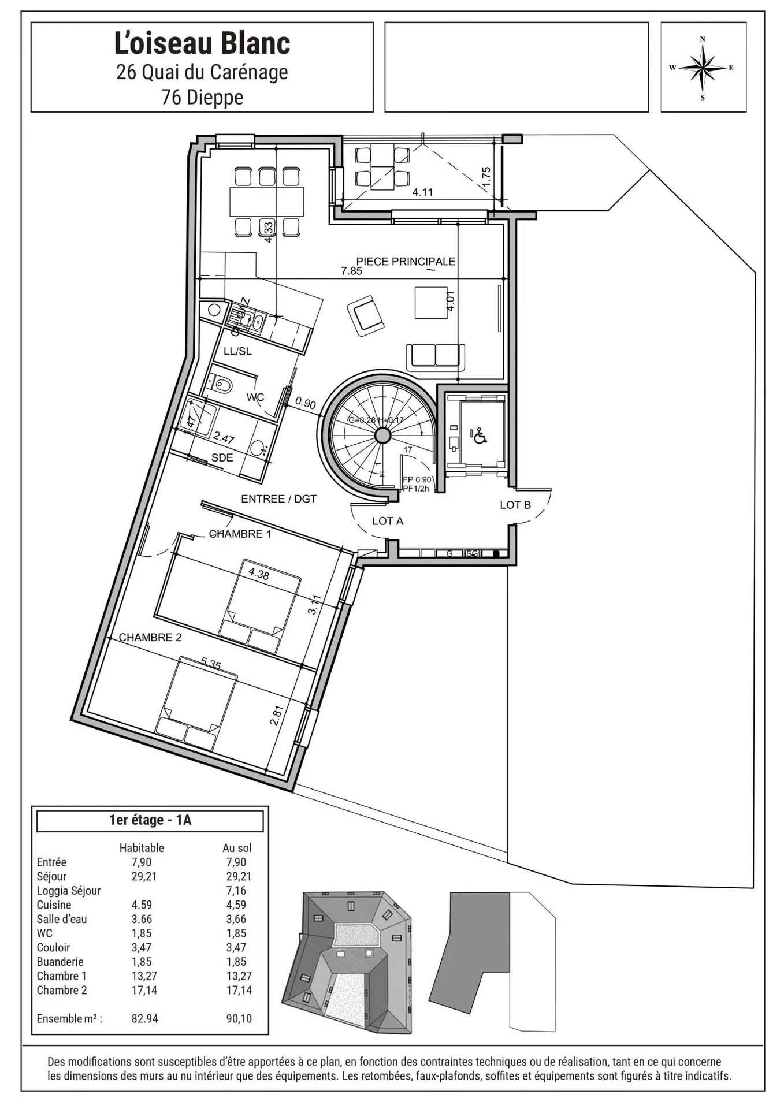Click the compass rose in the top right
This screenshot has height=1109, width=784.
tap(703, 68)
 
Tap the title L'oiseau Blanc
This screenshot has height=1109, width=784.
tap(202, 44)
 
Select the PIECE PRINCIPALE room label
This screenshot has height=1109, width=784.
tap(406, 262)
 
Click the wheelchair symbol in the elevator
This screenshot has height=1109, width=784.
tap(480, 436)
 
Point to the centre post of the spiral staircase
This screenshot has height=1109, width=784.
tap(382, 435)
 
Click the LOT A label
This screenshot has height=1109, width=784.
tap(388, 521)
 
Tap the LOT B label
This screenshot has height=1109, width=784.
tap(515, 505)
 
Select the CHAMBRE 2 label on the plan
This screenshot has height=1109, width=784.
tap(150, 638)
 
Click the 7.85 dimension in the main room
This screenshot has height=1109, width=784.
tap(351, 271)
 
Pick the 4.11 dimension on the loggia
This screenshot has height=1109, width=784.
tap(422, 192)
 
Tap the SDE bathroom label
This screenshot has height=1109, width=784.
tap(222, 458)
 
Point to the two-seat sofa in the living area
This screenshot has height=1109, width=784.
tap(436, 356)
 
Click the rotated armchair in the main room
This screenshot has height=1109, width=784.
tap(366, 315)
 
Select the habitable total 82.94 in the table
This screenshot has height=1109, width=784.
tap(144, 1019)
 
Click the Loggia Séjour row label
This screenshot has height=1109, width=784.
tap(69, 891)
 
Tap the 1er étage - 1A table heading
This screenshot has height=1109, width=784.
tap(150, 820)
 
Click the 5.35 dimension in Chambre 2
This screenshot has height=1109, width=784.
tap(211, 664)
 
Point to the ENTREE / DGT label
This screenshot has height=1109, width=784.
tap(279, 499)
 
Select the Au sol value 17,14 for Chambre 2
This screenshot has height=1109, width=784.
tap(239, 990)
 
